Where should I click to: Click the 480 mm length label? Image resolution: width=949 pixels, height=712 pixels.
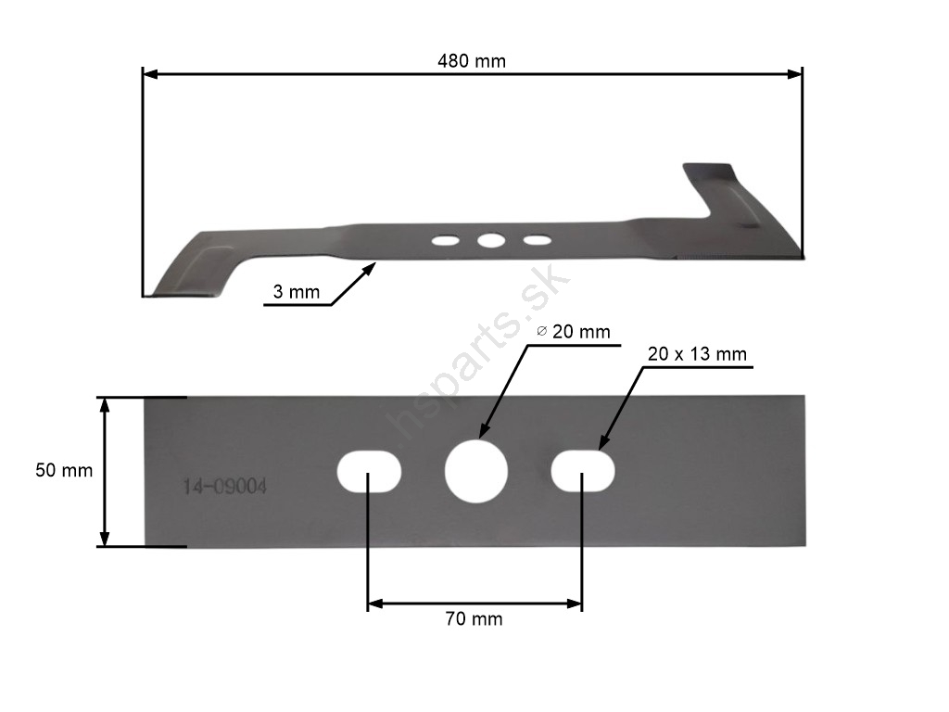(472, 61)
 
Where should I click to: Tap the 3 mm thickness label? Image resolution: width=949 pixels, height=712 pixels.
(296, 292)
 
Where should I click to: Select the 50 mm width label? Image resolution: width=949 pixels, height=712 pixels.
(64, 470)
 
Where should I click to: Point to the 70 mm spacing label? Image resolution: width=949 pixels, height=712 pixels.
(474, 618)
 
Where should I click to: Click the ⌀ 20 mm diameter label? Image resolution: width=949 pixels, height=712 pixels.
(574, 332)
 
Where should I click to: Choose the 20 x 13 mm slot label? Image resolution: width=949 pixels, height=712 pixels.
(697, 354)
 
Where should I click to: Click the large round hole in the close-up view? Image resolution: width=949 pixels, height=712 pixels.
(475, 471)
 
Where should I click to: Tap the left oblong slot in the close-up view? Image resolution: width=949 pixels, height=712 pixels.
(369, 471)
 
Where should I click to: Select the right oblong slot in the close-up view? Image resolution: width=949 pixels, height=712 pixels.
(583, 470)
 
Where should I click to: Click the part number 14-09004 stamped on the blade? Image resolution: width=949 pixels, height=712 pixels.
(224, 487)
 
